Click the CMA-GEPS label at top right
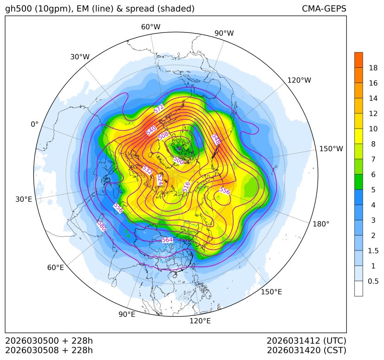tap(324, 9)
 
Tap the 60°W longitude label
tap(150, 27)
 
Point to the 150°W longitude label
tap(331, 149)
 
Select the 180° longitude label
tap(321, 224)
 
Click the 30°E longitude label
tap(24, 199)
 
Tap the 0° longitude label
tap(34, 124)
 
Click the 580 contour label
tap(101, 225)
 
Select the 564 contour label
tap(167, 240)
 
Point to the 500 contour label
tap(178, 160)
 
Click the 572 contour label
tap(159, 109)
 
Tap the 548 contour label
tap(216, 139)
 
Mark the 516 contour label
tap(186, 186)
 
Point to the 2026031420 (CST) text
tap(306, 350)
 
